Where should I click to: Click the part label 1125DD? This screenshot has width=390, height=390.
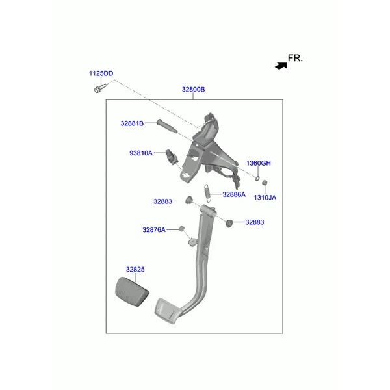pyautogui.click(x=101, y=73)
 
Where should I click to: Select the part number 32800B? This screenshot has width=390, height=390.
pyautogui.click(x=193, y=90)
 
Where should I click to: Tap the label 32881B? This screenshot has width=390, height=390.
pyautogui.click(x=132, y=123)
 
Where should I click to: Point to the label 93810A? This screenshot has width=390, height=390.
pyautogui.click(x=141, y=153)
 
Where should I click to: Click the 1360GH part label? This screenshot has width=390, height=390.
pyautogui.click(x=259, y=163)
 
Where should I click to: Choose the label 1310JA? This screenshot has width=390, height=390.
pyautogui.click(x=265, y=198)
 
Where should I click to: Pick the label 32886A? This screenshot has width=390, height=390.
pyautogui.click(x=234, y=194)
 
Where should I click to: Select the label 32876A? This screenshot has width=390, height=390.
pyautogui.click(x=154, y=230)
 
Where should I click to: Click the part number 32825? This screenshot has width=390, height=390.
pyautogui.click(x=135, y=270)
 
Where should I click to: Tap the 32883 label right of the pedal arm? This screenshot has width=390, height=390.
pyautogui.click(x=255, y=222)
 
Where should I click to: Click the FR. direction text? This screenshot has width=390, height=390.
pyautogui.click(x=295, y=58)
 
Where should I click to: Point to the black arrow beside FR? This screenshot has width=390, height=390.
pyautogui.click(x=281, y=66)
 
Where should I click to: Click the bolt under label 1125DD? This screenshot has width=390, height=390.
pyautogui.click(x=100, y=88)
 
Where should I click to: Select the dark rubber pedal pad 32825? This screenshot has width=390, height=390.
pyautogui.click(x=132, y=291)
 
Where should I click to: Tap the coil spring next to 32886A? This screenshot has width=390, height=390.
pyautogui.click(x=207, y=193)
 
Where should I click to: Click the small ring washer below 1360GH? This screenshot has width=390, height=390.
pyautogui.click(x=257, y=178)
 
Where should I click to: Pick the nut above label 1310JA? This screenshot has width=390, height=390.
pyautogui.click(x=265, y=183)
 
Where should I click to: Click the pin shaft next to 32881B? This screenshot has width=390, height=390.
pyautogui.click(x=167, y=126)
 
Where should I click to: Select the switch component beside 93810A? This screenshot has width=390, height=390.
pyautogui.click(x=172, y=157)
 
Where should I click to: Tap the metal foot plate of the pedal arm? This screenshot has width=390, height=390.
pyautogui.click(x=166, y=311)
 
